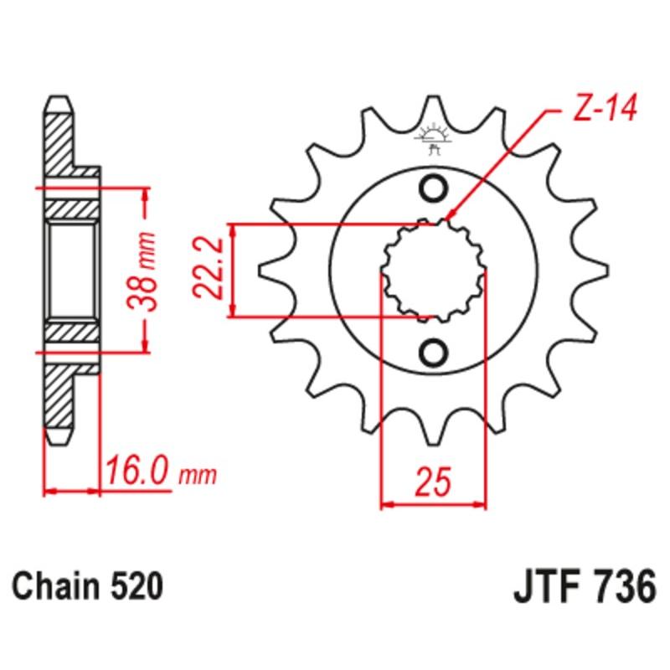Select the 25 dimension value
coord(433,483)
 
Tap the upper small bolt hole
coord(433,190)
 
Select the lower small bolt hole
coord(433,352)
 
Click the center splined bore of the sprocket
coord(433,271)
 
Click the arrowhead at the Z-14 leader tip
coord(450,216)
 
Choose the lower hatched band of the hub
coord(72,332)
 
